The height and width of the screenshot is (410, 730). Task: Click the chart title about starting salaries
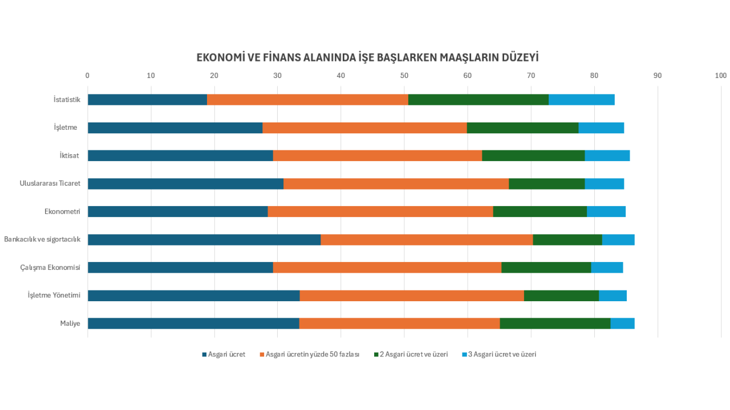coord(367,58)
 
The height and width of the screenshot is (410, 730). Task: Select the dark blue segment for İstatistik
coord(147,100)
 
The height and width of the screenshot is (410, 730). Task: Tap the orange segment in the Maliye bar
coord(399,323)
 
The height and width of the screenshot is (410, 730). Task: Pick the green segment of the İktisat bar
coord(533,155)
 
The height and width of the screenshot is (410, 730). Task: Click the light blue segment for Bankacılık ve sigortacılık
coord(618,240)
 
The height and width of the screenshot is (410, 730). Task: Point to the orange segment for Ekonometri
coord(380,212)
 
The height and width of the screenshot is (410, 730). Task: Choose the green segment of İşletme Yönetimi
coord(561,296)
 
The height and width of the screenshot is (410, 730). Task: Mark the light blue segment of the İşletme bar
coord(601,128)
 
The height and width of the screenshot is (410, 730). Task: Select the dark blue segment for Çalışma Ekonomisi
coord(180,268)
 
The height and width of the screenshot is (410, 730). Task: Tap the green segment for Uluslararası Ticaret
coord(546,183)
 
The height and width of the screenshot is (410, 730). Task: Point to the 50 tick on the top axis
coord(404,75)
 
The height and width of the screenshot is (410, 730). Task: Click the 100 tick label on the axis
coord(720,75)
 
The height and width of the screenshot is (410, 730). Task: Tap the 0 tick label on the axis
coord(87,75)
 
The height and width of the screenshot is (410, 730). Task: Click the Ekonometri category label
coord(62,212)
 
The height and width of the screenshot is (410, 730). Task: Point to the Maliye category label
coord(70,323)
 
